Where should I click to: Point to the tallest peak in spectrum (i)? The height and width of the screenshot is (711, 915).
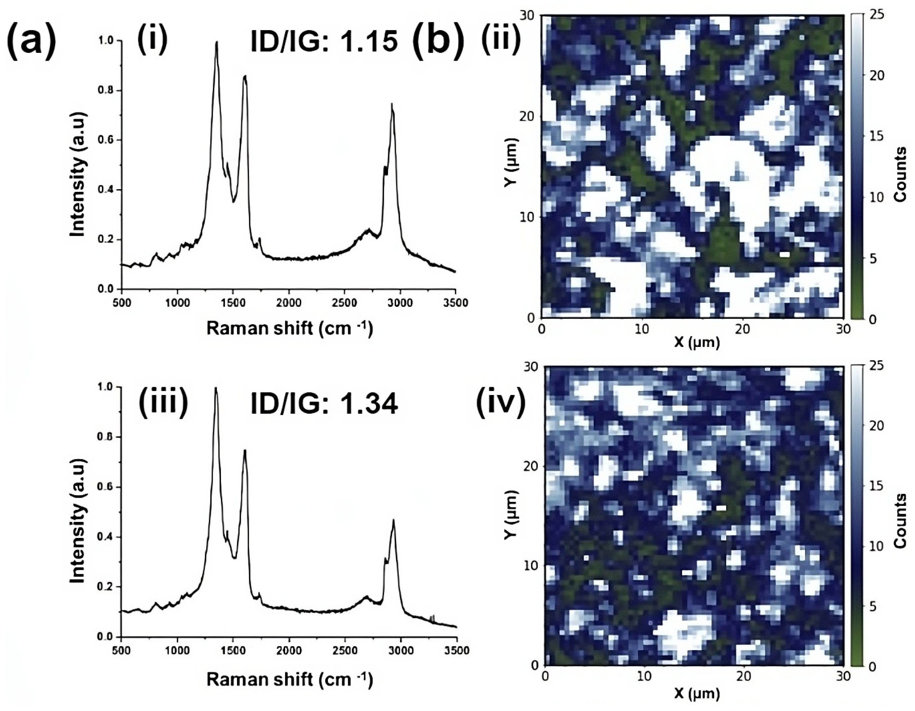[x=217, y=42]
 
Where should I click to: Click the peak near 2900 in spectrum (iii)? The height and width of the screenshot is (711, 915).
[x=393, y=521]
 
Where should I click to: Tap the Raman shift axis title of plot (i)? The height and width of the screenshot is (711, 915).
[x=289, y=329]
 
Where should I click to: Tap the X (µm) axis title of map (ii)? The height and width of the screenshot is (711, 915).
[x=697, y=342]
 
